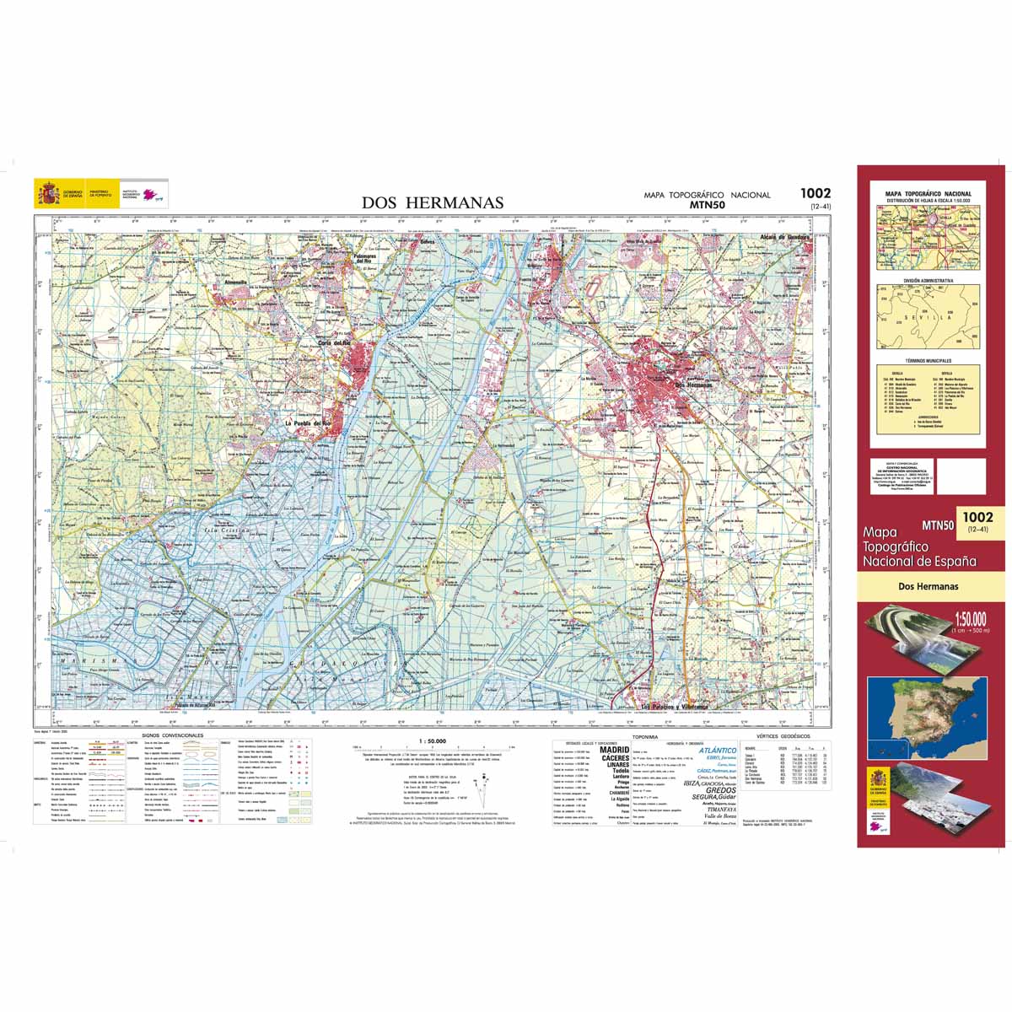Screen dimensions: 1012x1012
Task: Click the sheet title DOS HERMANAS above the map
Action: (433, 202)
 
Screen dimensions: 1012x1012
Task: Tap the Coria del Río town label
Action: (335, 343)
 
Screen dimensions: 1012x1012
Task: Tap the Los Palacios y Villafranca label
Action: (676, 706)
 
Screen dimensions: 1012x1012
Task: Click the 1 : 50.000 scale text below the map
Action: (432, 741)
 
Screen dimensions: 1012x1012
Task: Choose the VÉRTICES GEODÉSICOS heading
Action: (783, 736)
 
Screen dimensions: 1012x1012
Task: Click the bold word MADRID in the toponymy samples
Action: (614, 749)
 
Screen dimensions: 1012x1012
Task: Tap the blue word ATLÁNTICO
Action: (718, 750)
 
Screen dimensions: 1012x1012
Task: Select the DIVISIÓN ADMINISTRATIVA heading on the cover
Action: (928, 280)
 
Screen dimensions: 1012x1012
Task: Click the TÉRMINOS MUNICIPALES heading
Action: (928, 359)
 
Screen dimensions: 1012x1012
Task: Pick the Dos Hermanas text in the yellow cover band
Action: (928, 587)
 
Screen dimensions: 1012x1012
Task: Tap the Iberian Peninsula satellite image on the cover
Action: (928, 717)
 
